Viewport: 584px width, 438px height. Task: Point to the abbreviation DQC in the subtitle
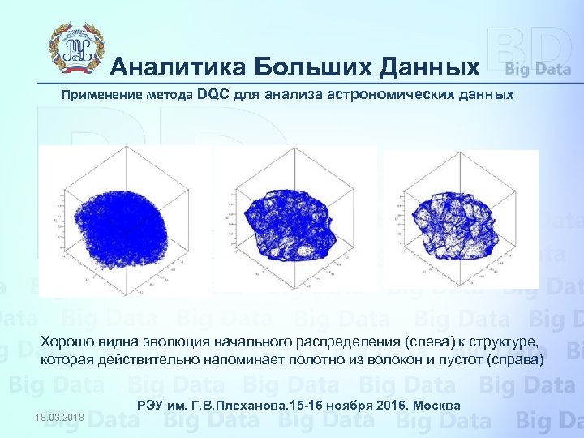pos(213,95)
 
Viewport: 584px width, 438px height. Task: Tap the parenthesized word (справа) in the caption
pos(509,359)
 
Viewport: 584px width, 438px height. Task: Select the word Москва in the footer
pos(438,405)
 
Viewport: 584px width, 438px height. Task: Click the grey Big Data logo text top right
pos(538,69)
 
